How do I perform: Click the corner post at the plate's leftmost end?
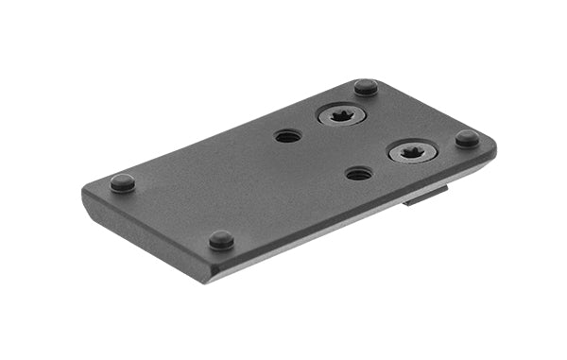(122, 182)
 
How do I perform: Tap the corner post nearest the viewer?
(221, 239)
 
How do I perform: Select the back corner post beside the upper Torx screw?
(366, 87)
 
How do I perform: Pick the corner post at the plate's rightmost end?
(467, 138)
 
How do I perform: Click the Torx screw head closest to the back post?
(340, 116)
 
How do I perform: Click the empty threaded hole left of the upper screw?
(288, 136)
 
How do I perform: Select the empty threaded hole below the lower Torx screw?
(359, 174)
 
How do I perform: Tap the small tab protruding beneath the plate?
(425, 196)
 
